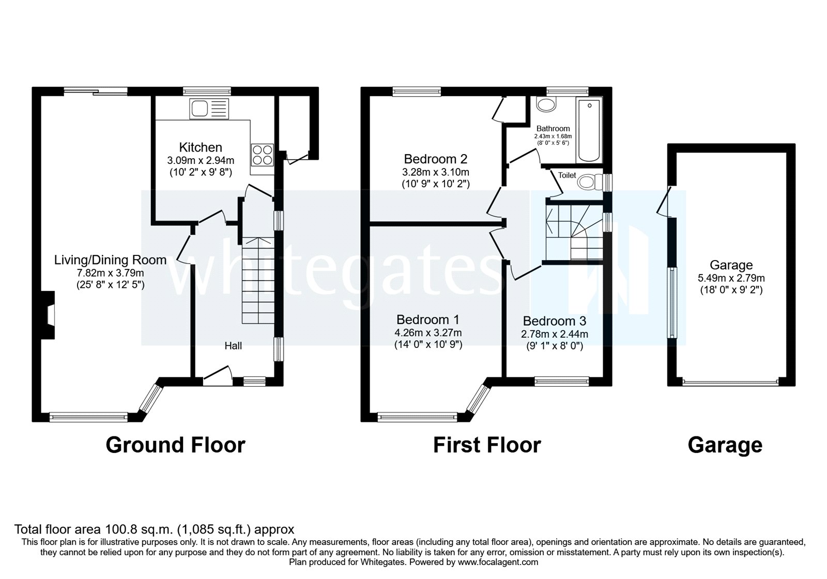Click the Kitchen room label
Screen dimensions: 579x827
pos(201,147)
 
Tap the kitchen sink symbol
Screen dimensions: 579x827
pos(209,109)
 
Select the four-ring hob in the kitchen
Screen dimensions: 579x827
pos(262,154)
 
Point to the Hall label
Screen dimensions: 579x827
pos(233,346)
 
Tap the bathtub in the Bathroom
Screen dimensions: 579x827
pos(589,130)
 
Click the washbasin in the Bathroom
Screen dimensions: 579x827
pos(545,105)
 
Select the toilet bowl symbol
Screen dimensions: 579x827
pos(588,182)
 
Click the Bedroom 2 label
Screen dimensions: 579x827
pos(435,159)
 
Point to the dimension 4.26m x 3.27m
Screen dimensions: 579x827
pos(428,333)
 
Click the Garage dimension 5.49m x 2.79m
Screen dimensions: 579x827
pos(731,278)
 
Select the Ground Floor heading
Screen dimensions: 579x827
pos(175,445)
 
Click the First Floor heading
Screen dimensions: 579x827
pos(487,445)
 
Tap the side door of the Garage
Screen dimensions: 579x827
pos(666,202)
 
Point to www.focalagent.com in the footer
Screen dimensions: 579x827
pos(498,562)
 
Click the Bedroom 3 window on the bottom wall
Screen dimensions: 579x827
pos(562,382)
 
